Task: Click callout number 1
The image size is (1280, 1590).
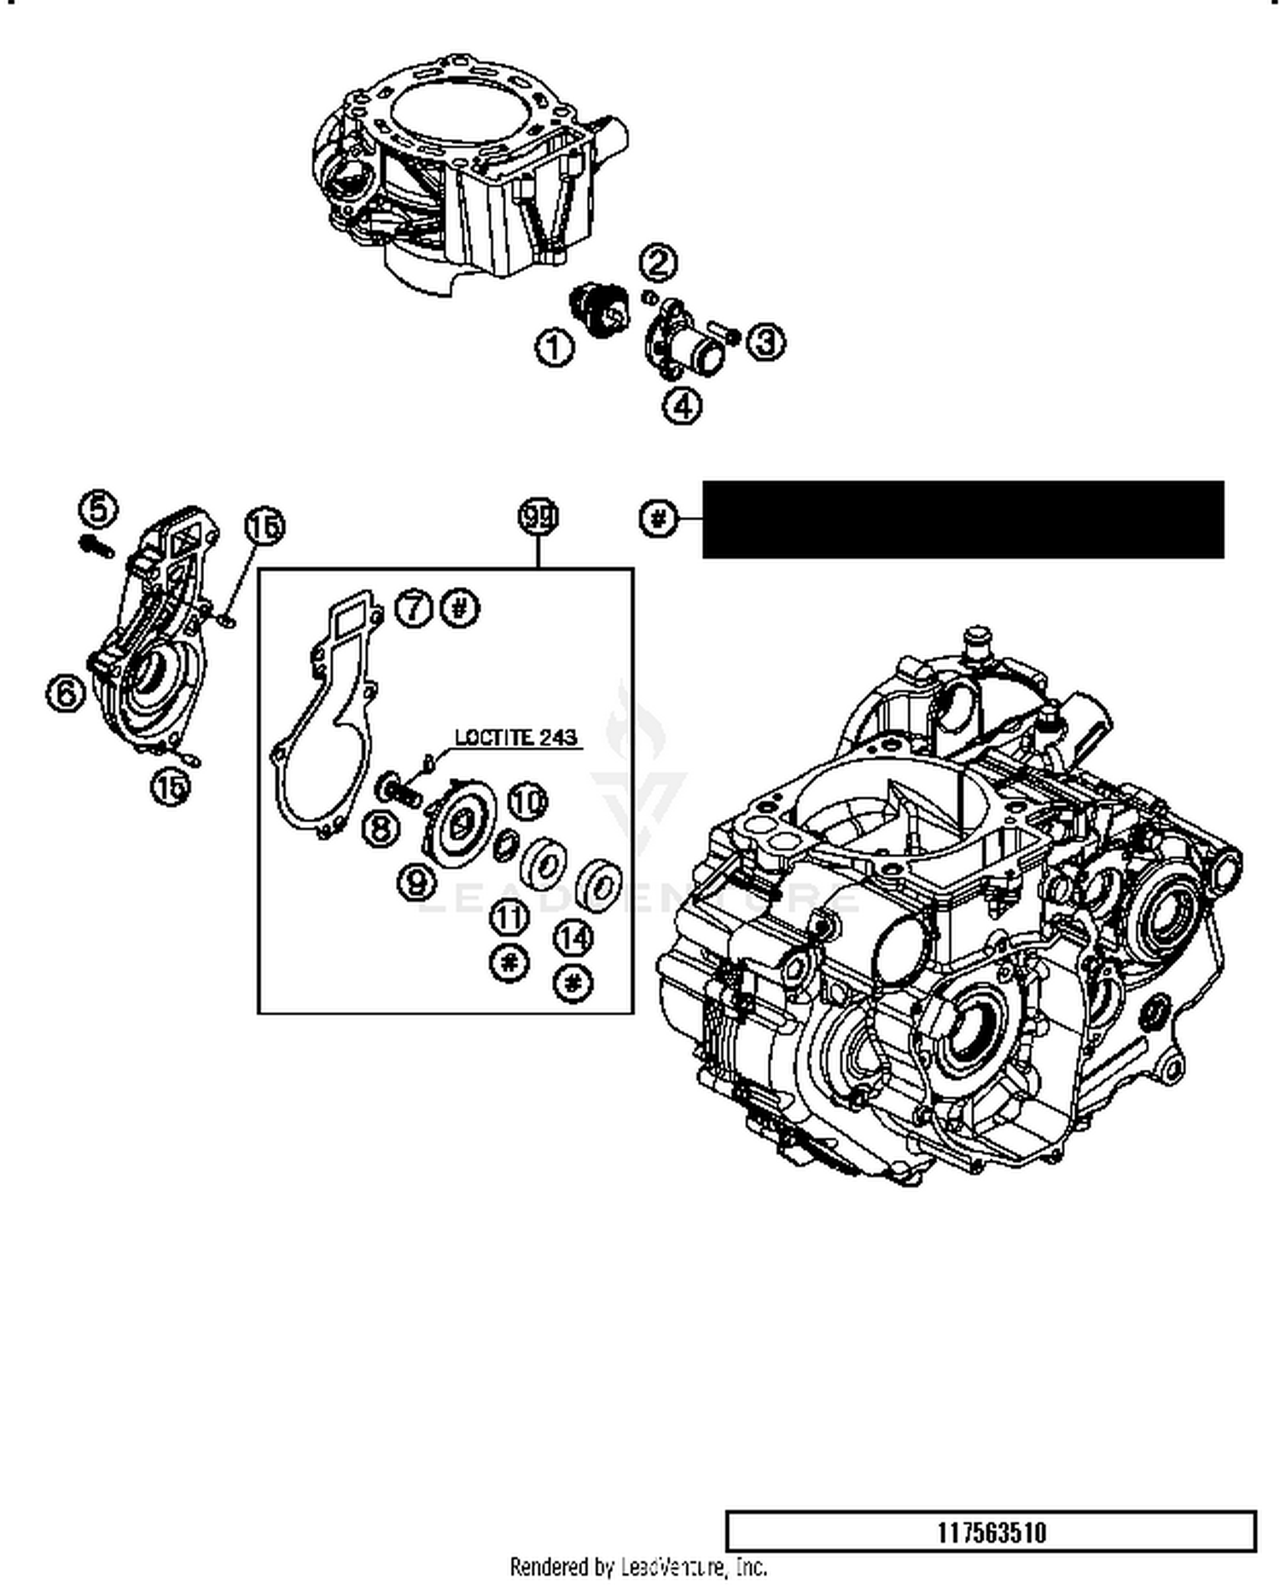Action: pos(554,348)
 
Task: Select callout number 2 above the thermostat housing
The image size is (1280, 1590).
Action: pos(657,263)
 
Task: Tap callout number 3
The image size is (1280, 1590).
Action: pos(765,342)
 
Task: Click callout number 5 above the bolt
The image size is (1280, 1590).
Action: pos(98,508)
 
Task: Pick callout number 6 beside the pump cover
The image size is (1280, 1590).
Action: pos(66,692)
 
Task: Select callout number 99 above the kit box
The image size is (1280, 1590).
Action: pos(538,517)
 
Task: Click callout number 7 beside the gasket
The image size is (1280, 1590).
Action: pos(415,609)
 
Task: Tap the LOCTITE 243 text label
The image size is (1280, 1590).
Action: pos(515,737)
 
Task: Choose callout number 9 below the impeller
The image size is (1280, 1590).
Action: pos(417,880)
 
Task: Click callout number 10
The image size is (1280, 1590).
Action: pos(528,802)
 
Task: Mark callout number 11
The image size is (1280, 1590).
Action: pos(509,919)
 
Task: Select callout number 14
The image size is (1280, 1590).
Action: pos(573,938)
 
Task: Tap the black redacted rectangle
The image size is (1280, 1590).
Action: pos(963,519)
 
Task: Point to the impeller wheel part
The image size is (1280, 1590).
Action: pos(461,821)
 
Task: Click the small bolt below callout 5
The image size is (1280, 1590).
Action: pos(96,546)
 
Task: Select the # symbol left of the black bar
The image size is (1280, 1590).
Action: pos(657,518)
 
